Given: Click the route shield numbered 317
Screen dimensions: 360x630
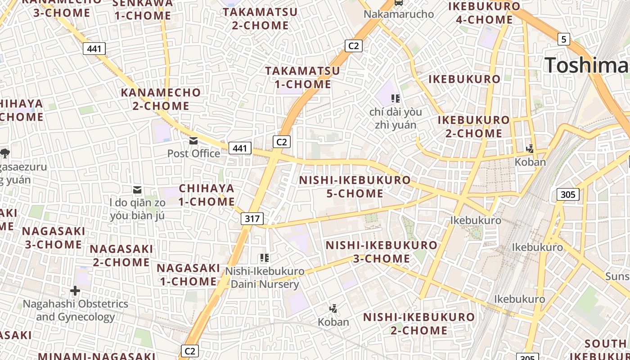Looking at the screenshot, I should (x=252, y=219).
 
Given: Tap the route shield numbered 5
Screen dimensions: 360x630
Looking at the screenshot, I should (x=564, y=39).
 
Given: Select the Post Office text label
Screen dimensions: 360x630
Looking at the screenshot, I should (x=193, y=153).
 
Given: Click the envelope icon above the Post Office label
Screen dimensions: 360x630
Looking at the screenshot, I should (x=193, y=141).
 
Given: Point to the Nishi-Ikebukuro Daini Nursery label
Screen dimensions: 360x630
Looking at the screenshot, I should (x=265, y=278).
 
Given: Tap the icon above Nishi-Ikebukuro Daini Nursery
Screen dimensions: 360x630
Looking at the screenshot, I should (x=265, y=258).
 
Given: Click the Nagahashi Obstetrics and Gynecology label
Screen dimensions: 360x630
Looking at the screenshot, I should (x=76, y=310).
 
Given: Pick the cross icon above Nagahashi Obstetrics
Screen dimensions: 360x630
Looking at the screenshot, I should (x=75, y=291).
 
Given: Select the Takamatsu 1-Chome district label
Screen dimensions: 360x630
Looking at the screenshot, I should (x=302, y=77).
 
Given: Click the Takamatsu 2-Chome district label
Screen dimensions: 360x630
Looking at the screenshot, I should (x=261, y=18).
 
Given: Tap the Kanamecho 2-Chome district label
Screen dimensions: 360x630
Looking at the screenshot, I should (x=161, y=99).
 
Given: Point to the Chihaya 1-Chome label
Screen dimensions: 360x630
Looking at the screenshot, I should (x=207, y=195).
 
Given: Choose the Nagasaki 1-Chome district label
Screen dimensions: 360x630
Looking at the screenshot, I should (x=188, y=274).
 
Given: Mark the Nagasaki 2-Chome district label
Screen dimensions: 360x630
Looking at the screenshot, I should (x=121, y=255).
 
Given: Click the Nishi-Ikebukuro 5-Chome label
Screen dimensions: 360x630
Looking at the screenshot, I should (x=355, y=187).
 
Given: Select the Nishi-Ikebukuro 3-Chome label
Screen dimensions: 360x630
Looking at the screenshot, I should (x=381, y=252).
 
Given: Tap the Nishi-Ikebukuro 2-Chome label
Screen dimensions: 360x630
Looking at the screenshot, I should (x=419, y=324).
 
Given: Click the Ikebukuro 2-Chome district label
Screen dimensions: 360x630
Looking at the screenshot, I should (x=474, y=126).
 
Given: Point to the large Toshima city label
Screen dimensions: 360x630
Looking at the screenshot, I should (x=587, y=65).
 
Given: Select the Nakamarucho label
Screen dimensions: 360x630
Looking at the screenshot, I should (x=399, y=14).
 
